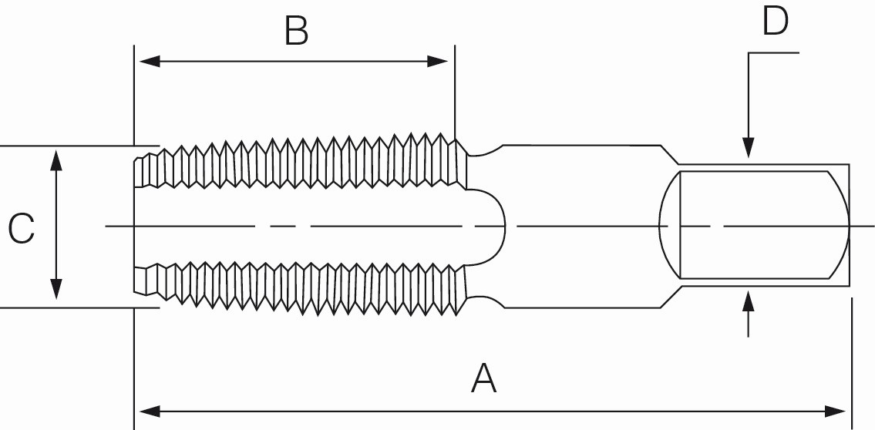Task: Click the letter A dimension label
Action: [483, 379]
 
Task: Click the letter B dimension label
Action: [296, 32]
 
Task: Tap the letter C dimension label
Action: [21, 230]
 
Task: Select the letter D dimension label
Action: [775, 22]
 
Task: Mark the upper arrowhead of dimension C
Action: [56, 160]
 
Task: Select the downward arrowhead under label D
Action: [747, 149]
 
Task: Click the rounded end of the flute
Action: [497, 226]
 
